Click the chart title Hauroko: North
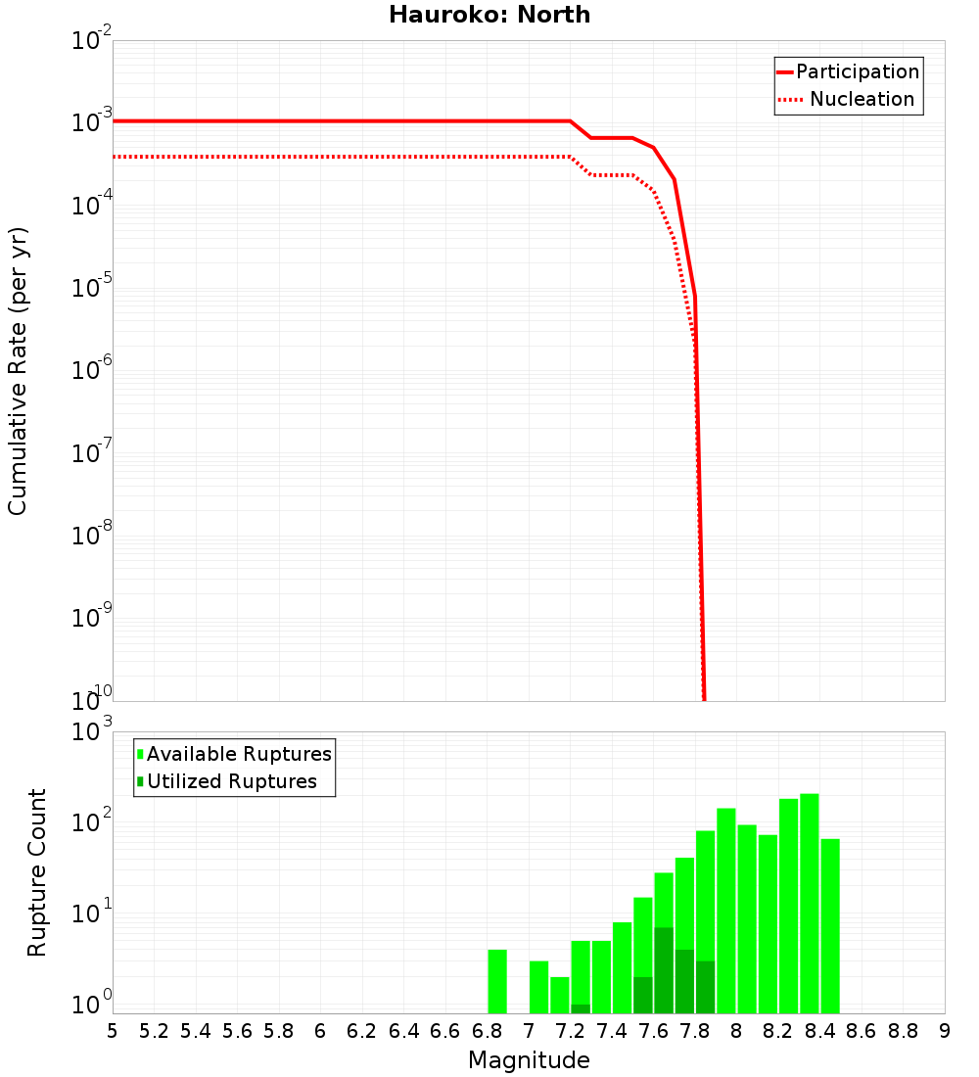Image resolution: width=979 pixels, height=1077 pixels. pyautogui.click(x=489, y=15)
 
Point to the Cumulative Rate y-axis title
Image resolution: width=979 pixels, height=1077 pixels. pyautogui.click(x=18, y=370)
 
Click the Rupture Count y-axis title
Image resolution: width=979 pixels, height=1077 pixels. pyautogui.click(x=37, y=871)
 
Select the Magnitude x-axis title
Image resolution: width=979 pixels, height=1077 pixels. pyautogui.click(x=529, y=1060)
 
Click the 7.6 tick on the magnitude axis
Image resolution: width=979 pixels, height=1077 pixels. pyautogui.click(x=653, y=1030)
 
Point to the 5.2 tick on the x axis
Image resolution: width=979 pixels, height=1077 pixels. pyautogui.click(x=154, y=1030)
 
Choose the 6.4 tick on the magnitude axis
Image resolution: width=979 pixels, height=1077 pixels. pyautogui.click(x=403, y=1030)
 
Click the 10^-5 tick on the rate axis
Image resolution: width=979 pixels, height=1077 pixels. pyautogui.click(x=93, y=288)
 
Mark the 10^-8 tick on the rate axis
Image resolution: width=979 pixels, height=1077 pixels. pyautogui.click(x=93, y=536)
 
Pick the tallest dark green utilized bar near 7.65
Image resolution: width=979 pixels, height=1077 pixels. pyautogui.click(x=664, y=969)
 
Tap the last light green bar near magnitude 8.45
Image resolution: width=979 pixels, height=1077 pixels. pyautogui.click(x=830, y=925)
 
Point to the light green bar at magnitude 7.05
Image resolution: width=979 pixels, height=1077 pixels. pyautogui.click(x=538, y=987)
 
